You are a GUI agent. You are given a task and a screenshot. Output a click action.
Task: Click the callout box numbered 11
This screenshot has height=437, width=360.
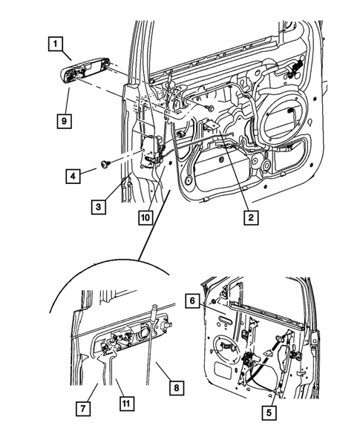[127, 404]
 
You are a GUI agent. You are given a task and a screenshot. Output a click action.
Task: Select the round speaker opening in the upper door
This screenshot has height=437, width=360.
[287, 112]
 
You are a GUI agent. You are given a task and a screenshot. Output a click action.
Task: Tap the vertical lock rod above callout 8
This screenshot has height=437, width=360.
[149, 326]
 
